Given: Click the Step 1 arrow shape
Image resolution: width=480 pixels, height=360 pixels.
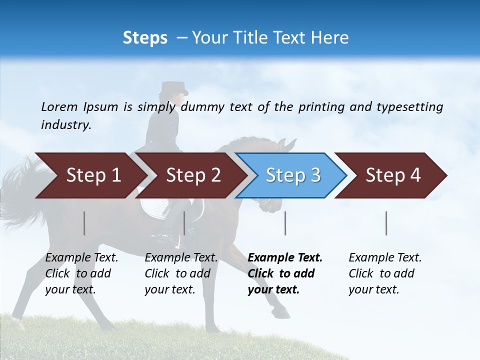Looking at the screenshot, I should coord(90,175).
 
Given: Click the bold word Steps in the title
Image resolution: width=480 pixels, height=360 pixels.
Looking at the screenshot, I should coord(145,37).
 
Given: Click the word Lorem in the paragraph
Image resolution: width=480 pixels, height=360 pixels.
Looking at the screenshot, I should coord(59,106).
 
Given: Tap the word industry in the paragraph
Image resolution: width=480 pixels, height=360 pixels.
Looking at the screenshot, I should coord(65,125).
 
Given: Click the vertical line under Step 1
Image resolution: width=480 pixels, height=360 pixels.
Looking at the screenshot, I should coord(84,223).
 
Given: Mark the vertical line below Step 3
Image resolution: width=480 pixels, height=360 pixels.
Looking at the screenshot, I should coord(285,223).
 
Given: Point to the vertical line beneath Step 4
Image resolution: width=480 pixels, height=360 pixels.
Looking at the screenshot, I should coord(386,223).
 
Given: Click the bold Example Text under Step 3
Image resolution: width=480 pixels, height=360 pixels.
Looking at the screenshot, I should coord(285,258).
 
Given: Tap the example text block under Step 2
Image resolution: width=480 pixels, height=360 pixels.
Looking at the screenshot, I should coord(181,273).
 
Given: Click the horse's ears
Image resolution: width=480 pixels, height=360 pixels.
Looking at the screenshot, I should coord(287,145).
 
